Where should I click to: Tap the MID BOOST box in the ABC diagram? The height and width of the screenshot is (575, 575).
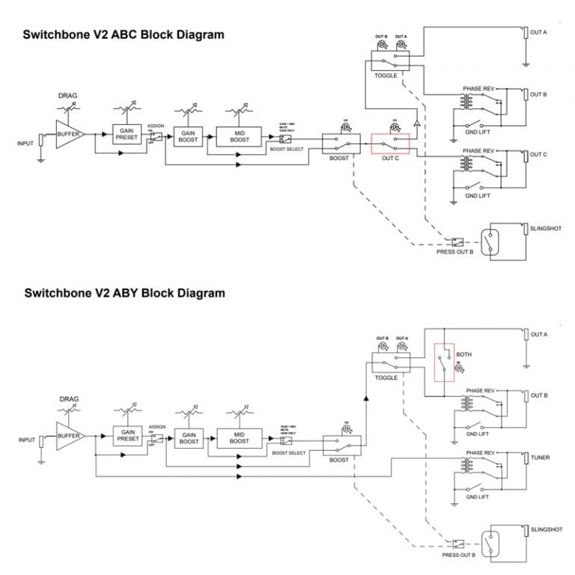(240, 136)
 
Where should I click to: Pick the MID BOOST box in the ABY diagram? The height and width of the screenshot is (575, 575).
(240, 438)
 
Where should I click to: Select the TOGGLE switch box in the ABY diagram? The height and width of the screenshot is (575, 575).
(391, 363)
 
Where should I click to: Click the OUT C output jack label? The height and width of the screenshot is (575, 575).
(539, 155)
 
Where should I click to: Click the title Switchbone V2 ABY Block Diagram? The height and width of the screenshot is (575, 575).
(124, 293)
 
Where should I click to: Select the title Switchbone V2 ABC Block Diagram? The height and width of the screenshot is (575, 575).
(124, 34)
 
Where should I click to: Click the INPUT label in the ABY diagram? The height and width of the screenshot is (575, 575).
(25, 440)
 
